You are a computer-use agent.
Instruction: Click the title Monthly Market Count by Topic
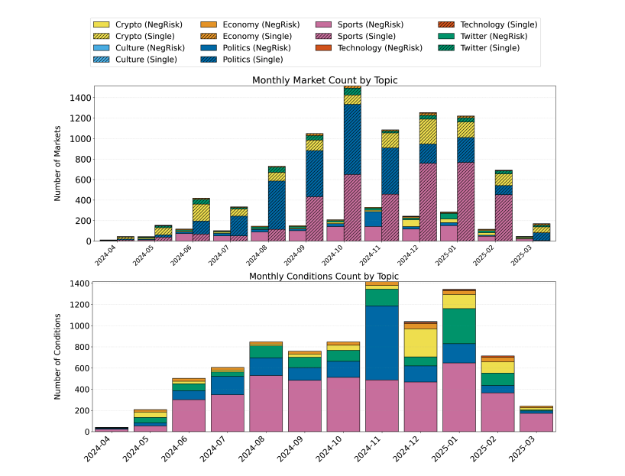[x=325, y=80]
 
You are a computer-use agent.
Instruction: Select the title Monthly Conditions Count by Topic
[x=323, y=276]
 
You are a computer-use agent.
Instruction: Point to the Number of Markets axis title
[x=58, y=164]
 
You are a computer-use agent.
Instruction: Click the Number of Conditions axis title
[x=58, y=357]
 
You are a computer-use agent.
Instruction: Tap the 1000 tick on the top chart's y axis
[x=79, y=139]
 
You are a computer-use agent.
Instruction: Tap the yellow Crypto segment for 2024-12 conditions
[x=421, y=342]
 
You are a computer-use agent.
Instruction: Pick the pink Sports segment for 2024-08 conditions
[x=267, y=403]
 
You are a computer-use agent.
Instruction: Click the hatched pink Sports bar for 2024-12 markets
[x=429, y=202]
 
